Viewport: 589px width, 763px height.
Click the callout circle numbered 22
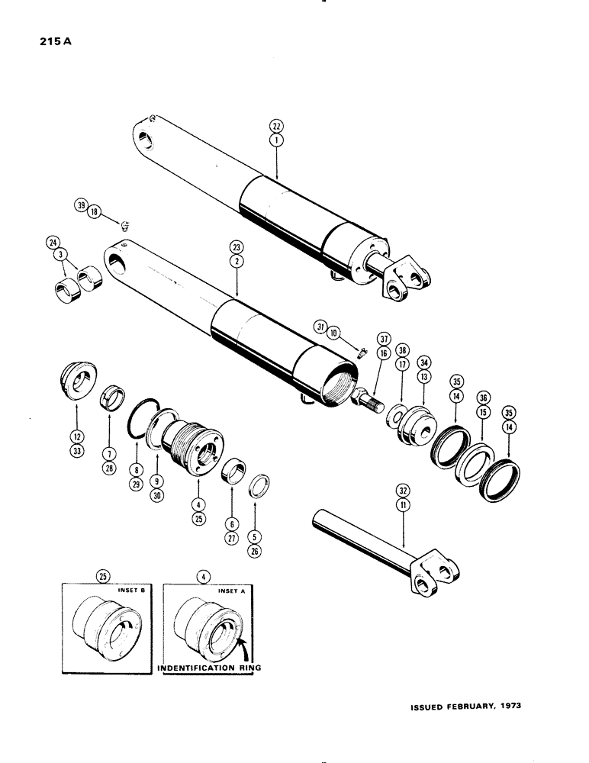tap(275, 125)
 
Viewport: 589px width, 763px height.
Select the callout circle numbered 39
tap(80, 204)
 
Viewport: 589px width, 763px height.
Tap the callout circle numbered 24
tap(52, 246)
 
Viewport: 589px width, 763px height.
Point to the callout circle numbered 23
tap(236, 247)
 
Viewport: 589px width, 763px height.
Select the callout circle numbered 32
tap(401, 490)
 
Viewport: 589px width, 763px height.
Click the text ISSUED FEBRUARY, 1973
tap(465, 706)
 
